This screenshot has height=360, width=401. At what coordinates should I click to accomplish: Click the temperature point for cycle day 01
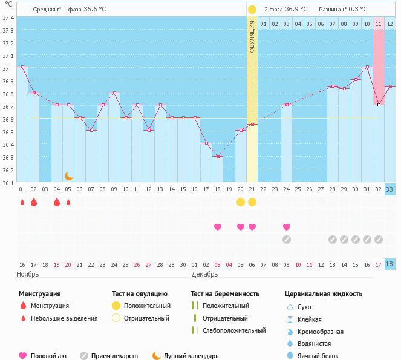pos(22,67)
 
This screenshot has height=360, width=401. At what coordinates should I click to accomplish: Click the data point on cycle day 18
pos(218,156)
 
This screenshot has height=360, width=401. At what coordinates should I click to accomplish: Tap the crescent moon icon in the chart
pos(69,175)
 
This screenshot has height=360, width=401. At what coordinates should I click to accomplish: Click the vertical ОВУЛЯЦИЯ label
pos(252,37)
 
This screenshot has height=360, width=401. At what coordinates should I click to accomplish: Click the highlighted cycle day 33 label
pos(390,189)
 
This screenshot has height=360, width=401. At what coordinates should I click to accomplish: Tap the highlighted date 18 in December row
pos(390,264)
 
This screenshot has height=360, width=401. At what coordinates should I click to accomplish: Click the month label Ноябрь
pos(28,274)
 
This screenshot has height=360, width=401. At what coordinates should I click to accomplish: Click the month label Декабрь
pos(205,274)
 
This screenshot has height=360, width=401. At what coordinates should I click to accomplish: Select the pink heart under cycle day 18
pos(218,227)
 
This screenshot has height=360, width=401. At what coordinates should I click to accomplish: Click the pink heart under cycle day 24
pos(287,227)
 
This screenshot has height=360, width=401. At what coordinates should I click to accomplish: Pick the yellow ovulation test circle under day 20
pos(241,201)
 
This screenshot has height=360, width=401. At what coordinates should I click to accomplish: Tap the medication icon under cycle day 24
pos(287,239)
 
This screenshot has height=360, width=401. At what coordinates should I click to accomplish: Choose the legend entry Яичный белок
pos(318,356)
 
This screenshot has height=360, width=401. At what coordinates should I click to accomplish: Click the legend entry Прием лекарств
pos(114,356)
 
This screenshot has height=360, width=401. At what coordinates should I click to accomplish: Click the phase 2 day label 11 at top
pos(379,24)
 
